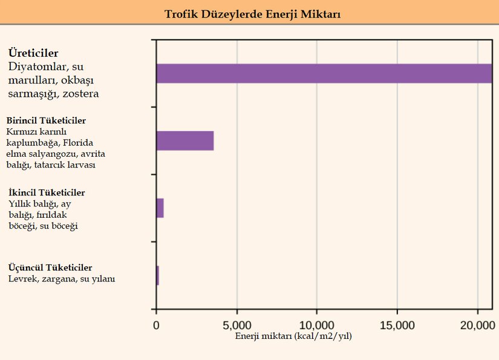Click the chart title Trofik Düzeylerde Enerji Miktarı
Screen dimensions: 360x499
pos(252,13)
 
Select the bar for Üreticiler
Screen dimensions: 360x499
pos(324,73)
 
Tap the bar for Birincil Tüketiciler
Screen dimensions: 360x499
pos(184,140)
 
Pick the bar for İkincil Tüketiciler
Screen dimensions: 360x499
pos(160,208)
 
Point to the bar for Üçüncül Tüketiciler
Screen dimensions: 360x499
pos(157,275)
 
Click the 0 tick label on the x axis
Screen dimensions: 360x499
pos(156,324)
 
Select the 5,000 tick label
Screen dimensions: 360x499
pos(236,324)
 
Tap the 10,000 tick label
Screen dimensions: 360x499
pos(317,324)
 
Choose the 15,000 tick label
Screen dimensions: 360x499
pos(397,324)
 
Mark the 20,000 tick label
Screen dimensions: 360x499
pos(477,324)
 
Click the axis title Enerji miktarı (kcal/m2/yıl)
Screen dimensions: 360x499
pos(293,336)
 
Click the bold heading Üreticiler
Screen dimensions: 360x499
pos(33,53)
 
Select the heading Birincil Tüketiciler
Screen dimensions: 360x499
pos(46,120)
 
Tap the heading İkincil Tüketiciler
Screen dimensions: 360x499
pos(47,192)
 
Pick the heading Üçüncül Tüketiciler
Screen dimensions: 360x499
pos(50,267)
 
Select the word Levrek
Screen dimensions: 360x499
pos(22,279)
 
